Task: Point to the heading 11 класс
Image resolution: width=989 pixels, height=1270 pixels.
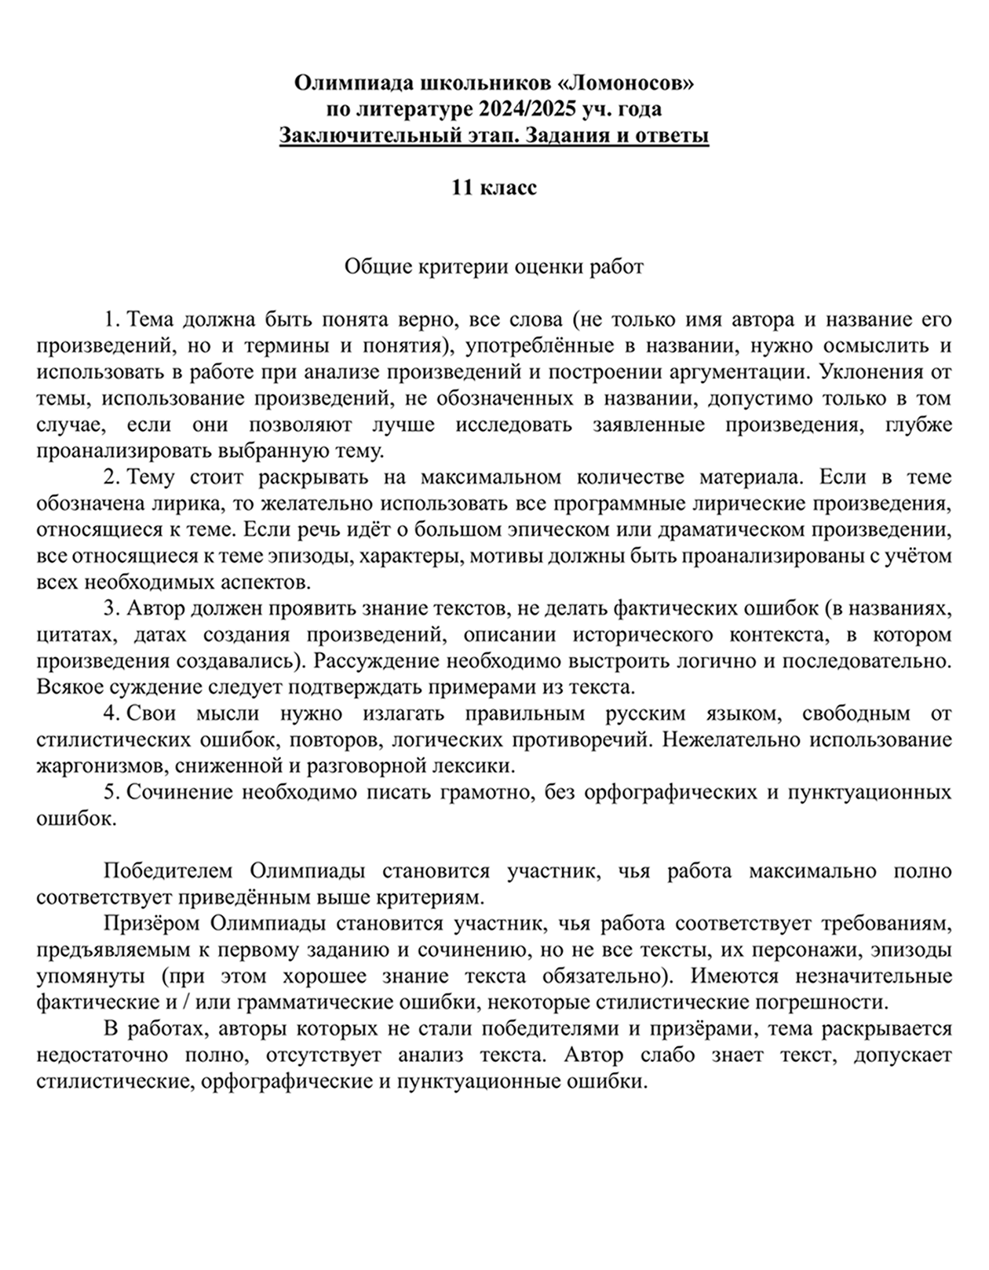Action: pyautogui.click(x=494, y=188)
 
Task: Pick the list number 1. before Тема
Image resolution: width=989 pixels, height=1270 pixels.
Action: pyautogui.click(x=112, y=319)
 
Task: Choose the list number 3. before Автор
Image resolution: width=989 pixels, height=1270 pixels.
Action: pyautogui.click(x=112, y=608)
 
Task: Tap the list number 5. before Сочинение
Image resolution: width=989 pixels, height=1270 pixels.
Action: pyautogui.click(x=112, y=792)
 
